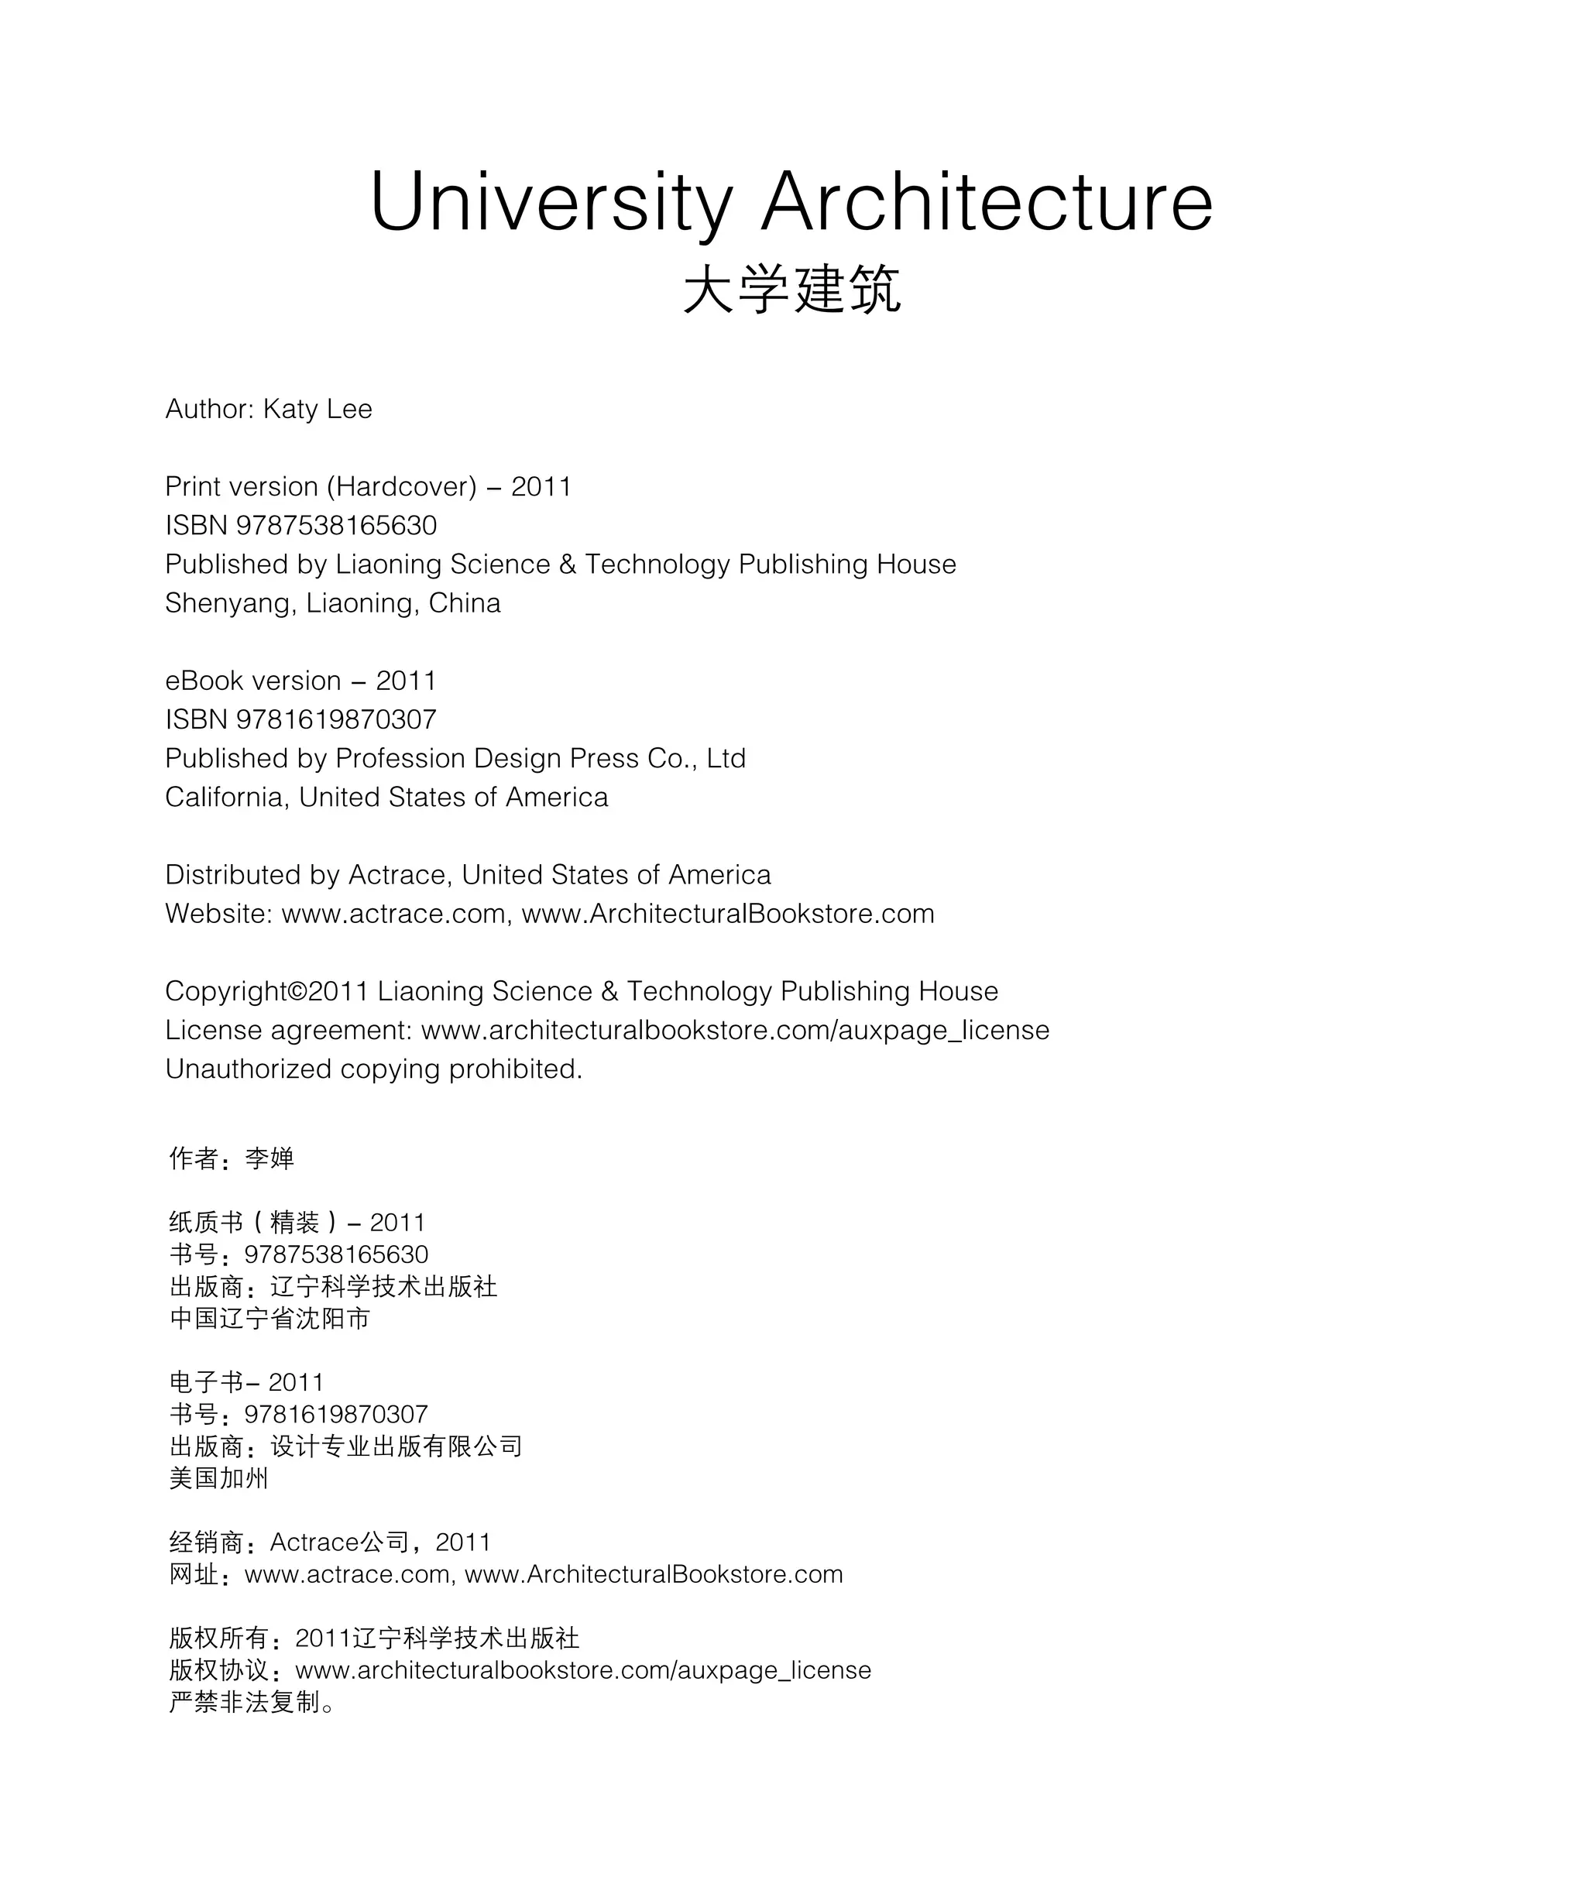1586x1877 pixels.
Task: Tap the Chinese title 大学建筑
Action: pos(791,290)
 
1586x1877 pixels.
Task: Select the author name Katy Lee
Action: pos(318,409)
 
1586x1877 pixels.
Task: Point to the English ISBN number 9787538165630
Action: pos(336,525)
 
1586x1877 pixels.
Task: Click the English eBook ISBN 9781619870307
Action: pos(336,719)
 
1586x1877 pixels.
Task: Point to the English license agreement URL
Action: pos(735,1030)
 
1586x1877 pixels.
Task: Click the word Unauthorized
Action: pos(248,1069)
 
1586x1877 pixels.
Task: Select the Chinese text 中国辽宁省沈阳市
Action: pos(269,1319)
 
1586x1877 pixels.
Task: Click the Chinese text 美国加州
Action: pos(218,1479)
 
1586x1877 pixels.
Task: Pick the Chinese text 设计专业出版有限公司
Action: pos(396,1446)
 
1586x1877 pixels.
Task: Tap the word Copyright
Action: pos(225,991)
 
